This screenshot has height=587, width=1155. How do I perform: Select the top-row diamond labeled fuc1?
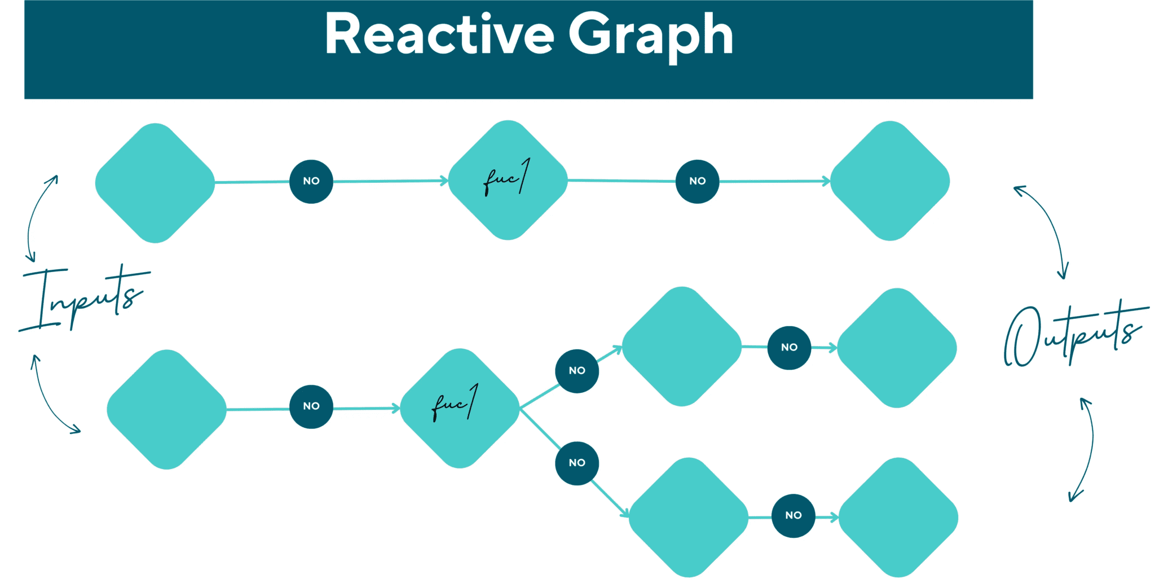pos(508,180)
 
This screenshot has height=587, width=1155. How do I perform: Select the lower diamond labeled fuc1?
pos(460,408)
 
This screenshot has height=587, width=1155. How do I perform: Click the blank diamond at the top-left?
pos(155,183)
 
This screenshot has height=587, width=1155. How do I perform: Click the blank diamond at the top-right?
pos(890,181)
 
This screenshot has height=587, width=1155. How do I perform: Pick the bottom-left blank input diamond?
pos(166,409)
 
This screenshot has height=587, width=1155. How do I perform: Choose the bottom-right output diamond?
pos(898,517)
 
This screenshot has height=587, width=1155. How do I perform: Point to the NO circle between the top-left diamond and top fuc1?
pos(311,181)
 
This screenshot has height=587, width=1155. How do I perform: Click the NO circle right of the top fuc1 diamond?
pos(697,181)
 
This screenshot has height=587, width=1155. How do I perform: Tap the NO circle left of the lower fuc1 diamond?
pos(311,406)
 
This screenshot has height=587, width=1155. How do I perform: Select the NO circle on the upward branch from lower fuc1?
pos(577,371)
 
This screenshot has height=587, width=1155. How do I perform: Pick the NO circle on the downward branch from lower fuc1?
pos(577,463)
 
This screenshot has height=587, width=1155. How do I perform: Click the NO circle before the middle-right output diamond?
pos(789,348)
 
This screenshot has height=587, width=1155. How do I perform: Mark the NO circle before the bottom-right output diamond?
pos(793,515)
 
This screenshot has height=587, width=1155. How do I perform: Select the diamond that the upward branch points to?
pos(681,347)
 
